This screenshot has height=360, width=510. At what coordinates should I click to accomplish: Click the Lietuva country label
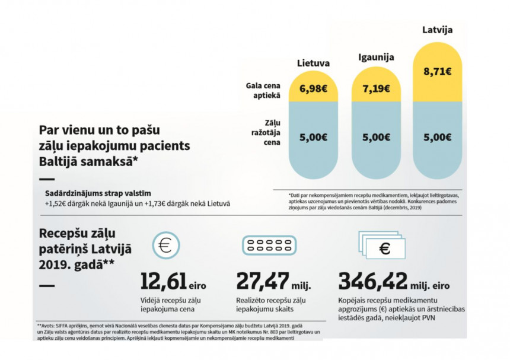pyautogui.click(x=313, y=63)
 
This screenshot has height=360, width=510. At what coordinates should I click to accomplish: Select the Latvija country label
pyautogui.click(x=437, y=29)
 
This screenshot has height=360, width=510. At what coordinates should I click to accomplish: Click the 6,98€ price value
pyautogui.click(x=313, y=88)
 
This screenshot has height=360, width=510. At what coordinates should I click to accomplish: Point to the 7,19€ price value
pyautogui.click(x=376, y=88)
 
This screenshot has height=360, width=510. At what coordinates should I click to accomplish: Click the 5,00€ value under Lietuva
pyautogui.click(x=313, y=138)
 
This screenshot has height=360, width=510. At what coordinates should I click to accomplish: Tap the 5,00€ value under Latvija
pyautogui.click(x=438, y=138)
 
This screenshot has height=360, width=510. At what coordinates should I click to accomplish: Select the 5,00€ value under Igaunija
pyautogui.click(x=376, y=138)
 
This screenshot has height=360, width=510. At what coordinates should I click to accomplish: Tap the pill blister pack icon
pyautogui.click(x=269, y=246)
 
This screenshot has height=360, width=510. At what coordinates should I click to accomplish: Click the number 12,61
pyautogui.click(x=164, y=281)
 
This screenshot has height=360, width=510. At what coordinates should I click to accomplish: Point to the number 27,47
pyautogui.click(x=263, y=281)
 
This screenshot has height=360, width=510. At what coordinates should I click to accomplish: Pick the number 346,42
pyautogui.click(x=374, y=281)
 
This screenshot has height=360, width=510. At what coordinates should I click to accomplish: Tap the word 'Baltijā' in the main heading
pyautogui.click(x=61, y=160)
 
